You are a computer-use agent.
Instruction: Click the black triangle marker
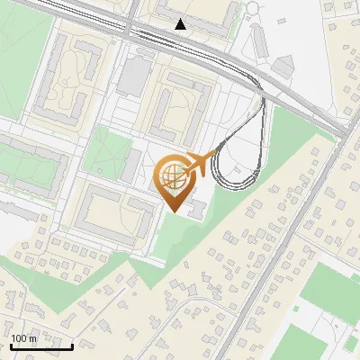[181, 24]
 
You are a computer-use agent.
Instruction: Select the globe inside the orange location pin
[173, 175]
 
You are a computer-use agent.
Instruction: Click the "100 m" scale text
[24, 338]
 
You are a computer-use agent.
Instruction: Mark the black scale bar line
[40, 346]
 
